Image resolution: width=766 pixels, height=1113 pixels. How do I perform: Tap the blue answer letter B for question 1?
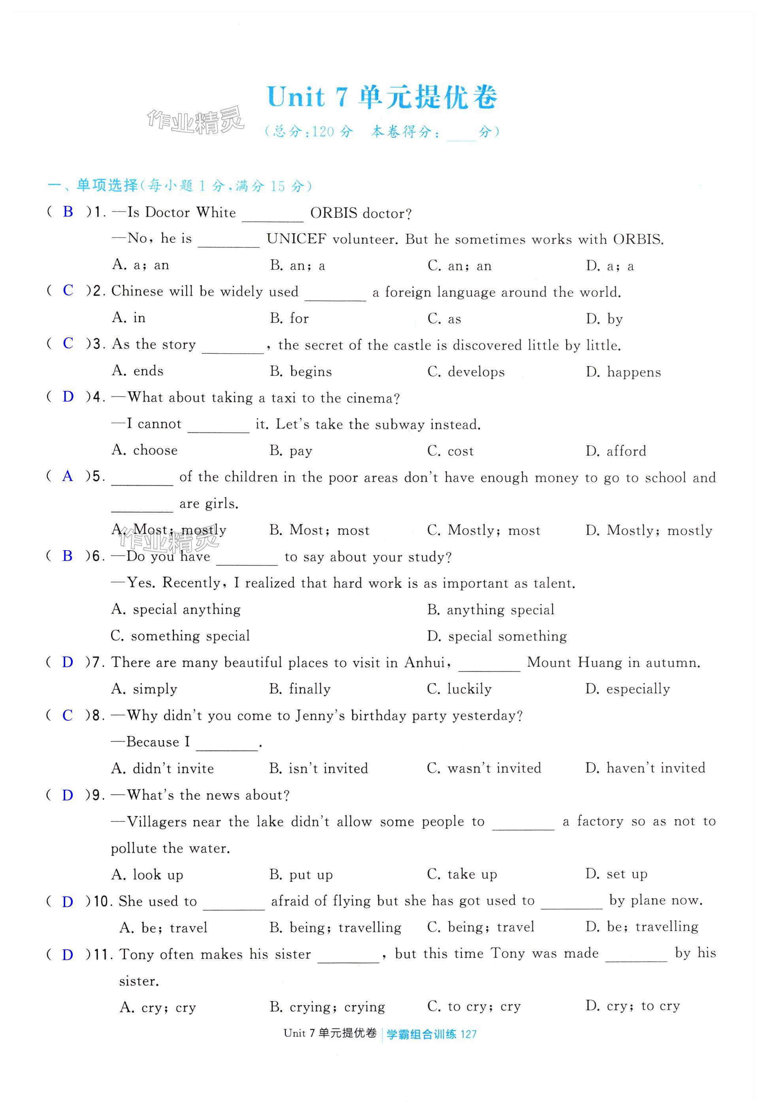tap(68, 212)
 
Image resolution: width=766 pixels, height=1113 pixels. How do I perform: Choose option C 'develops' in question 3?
tap(466, 372)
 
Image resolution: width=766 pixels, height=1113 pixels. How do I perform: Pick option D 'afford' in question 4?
tap(616, 451)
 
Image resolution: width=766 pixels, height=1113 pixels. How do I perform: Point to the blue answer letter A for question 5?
tap(68, 476)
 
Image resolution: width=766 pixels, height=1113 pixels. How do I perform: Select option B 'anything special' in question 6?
tap(491, 609)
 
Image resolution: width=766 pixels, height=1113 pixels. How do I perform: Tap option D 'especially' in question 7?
tap(627, 689)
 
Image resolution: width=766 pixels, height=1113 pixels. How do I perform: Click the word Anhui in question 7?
tap(425, 662)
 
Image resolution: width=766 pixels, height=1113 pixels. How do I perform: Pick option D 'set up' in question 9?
tap(616, 874)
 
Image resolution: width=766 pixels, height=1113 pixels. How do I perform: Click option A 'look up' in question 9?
tap(147, 874)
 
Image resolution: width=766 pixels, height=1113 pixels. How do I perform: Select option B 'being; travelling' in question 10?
tap(336, 927)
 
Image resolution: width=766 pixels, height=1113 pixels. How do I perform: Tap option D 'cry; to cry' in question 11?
tap(632, 1006)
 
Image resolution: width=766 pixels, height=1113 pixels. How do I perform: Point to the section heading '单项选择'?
tap(107, 185)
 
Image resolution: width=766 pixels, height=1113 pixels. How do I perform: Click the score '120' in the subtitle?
tap(322, 132)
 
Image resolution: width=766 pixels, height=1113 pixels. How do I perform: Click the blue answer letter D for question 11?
tap(68, 955)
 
